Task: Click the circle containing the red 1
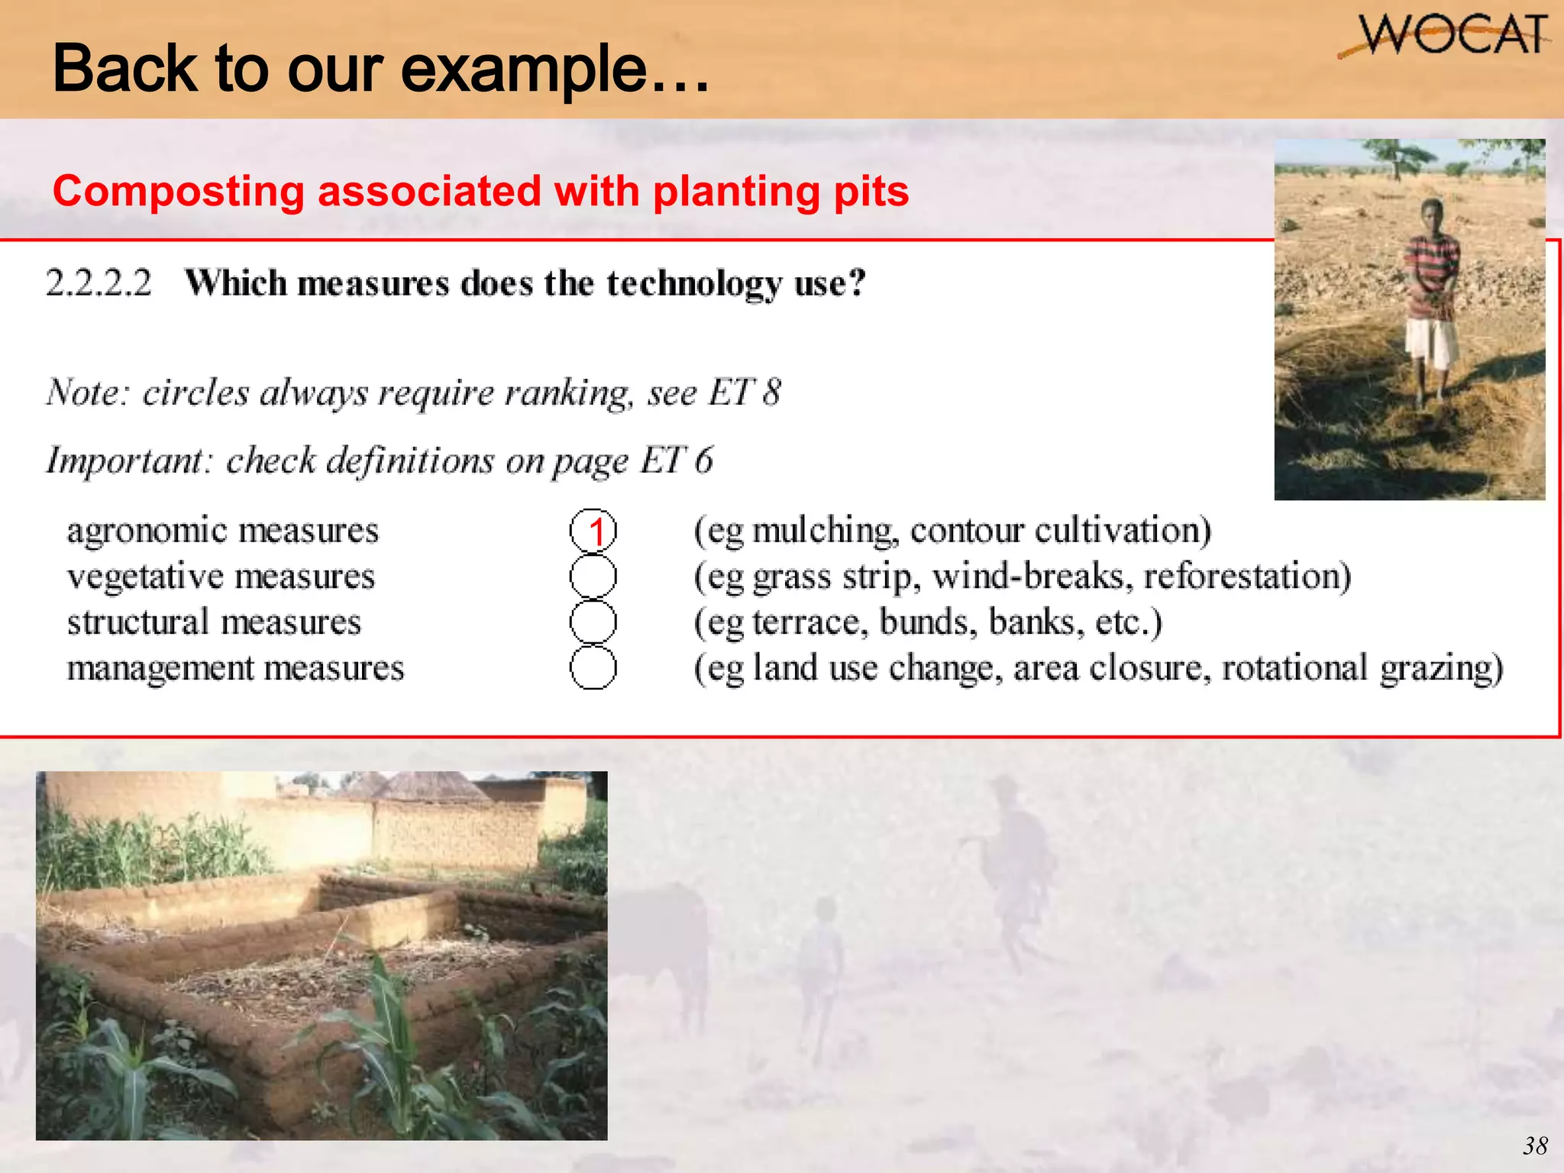[x=593, y=531]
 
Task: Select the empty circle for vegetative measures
[x=593, y=577]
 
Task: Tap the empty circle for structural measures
[x=593, y=622]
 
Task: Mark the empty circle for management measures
[x=593, y=667]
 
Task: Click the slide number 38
[x=1535, y=1146]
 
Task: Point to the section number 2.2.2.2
[x=99, y=283]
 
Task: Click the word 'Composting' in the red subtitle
[x=178, y=192]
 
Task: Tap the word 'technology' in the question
[x=694, y=285]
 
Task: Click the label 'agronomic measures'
[x=222, y=531]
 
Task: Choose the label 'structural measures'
[x=214, y=622]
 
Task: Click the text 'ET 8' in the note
[x=745, y=393]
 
